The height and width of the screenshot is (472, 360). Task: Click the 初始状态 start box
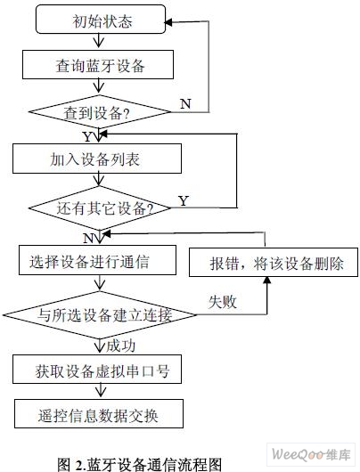coord(101,19)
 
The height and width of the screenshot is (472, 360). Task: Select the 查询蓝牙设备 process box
coord(98,65)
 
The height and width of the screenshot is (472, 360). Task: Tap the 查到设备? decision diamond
coord(100,112)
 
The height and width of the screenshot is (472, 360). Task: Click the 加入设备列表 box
coord(97,159)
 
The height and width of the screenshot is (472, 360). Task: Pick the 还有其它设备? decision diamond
coord(100,208)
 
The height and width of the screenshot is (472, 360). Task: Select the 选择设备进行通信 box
coord(97,260)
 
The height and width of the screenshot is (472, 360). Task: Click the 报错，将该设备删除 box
coord(274,262)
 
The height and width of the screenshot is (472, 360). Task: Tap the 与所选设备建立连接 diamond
coord(100,315)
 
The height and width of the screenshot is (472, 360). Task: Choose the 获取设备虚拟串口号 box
coord(97,369)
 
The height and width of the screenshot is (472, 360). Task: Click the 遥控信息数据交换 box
coord(99,413)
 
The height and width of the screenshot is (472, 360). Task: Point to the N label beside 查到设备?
coord(185,104)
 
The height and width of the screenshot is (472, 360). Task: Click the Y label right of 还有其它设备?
coord(184,200)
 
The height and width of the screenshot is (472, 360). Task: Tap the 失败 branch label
coord(222,302)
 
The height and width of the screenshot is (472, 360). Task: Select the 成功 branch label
coord(120,346)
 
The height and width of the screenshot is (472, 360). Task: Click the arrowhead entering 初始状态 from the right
coord(168,22)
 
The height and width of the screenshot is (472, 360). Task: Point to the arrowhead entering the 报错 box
coord(267,281)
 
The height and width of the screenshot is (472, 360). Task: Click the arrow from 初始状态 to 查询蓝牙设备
coord(99,41)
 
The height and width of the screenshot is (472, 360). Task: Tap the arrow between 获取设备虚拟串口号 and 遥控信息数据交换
coord(101,390)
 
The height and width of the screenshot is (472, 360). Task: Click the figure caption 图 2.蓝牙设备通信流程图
coord(140,465)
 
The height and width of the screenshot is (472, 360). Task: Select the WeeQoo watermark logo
coord(311,454)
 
